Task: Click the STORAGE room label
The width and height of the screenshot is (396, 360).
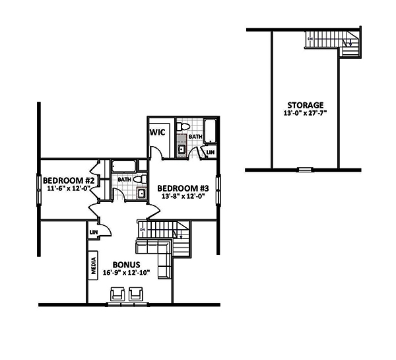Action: (305, 105)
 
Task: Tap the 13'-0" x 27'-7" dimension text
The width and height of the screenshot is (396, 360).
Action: (305, 114)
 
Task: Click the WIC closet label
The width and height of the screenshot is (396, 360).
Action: (157, 132)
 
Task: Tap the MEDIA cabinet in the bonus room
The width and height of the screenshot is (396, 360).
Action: (94, 266)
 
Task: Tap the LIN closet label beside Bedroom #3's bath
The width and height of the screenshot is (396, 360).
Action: (210, 153)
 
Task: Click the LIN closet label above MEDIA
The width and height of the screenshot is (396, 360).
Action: (94, 233)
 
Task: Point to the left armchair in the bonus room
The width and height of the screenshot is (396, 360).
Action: (119, 293)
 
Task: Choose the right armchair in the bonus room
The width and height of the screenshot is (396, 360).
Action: (138, 293)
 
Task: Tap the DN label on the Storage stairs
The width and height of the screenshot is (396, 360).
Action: (310, 39)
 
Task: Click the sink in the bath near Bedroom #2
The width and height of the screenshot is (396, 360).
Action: (141, 194)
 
